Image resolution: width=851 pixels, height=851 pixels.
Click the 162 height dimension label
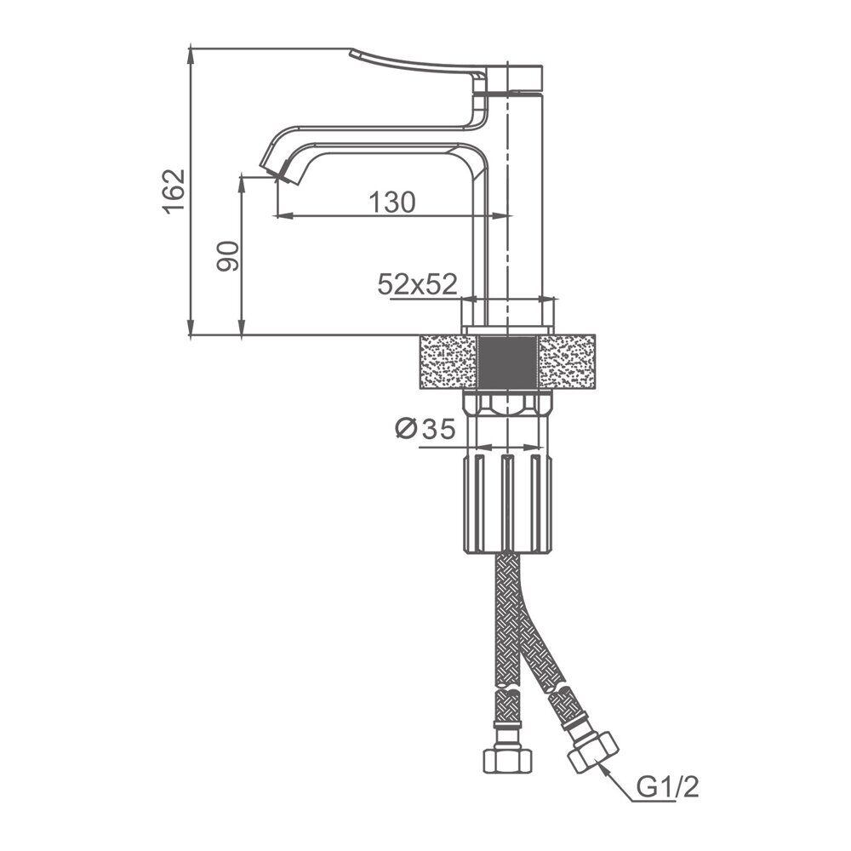pyautogui.click(x=174, y=191)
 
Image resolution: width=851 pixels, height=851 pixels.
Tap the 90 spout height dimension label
pyautogui.click(x=228, y=256)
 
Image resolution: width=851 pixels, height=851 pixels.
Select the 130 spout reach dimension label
pyautogui.click(x=391, y=203)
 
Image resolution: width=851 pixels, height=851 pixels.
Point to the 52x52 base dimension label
pyautogui.click(x=417, y=284)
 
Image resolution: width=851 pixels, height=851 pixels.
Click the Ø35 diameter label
pyautogui.click(x=425, y=429)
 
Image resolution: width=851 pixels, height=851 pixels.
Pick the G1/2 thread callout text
pyautogui.click(x=667, y=787)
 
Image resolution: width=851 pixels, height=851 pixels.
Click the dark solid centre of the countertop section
pyautogui.click(x=507, y=362)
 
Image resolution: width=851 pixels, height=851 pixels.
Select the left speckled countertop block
pyautogui.click(x=448, y=362)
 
